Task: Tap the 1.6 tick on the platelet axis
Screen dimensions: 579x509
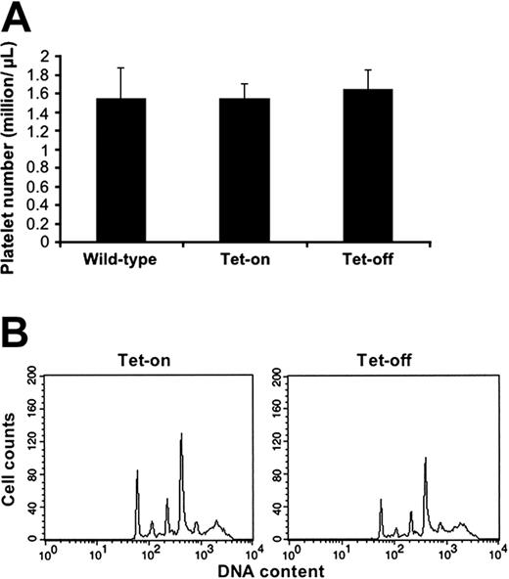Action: (62, 94)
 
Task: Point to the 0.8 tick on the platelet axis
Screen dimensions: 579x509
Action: (62, 168)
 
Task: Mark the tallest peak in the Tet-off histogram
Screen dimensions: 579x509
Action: (425, 458)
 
